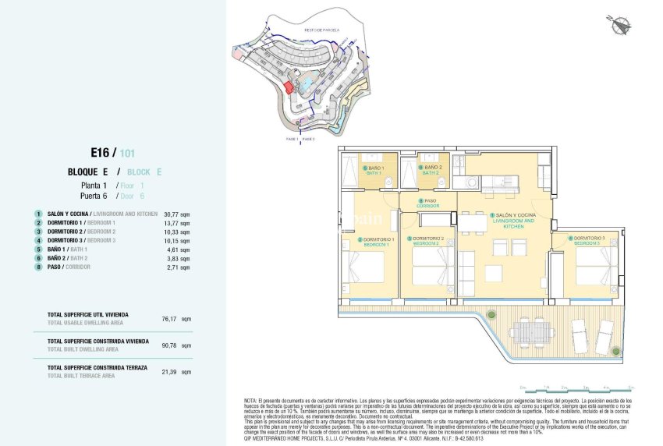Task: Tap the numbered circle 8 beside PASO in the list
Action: (x=37, y=267)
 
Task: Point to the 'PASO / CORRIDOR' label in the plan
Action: (x=428, y=203)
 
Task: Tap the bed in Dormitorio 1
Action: (x=364, y=266)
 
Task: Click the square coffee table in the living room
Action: (x=494, y=274)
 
